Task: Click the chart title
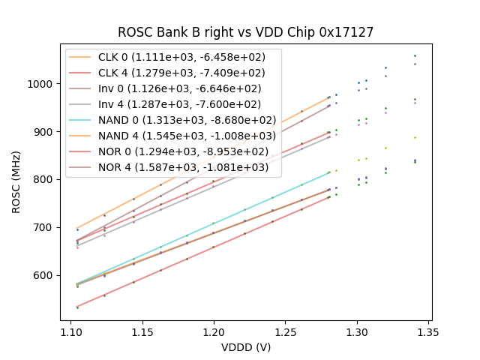point(245,32)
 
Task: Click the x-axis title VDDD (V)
point(245,347)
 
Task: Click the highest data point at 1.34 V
point(415,55)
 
